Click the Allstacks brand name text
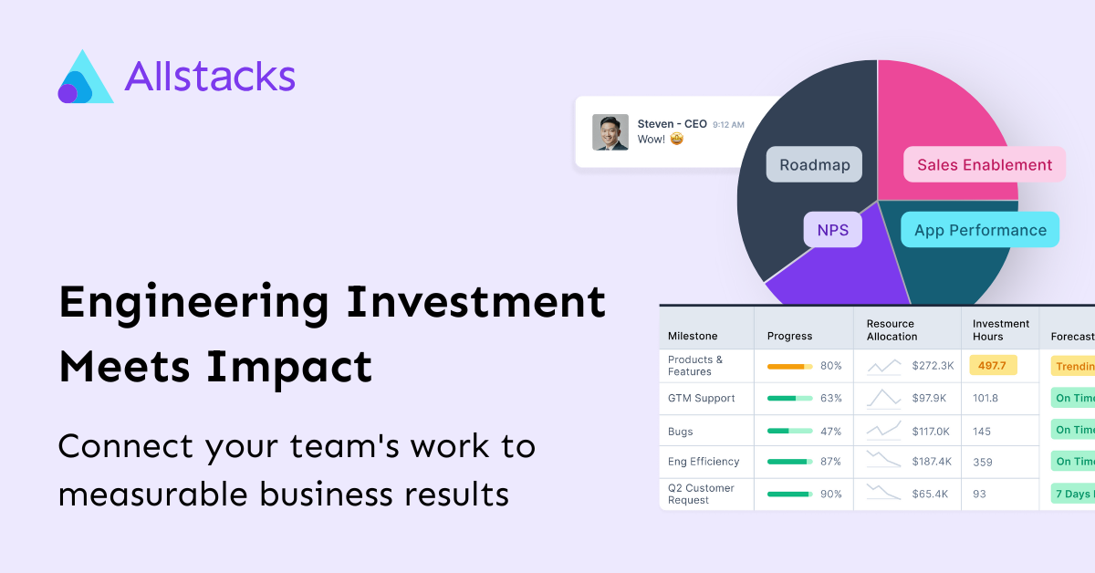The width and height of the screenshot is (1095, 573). coord(210,77)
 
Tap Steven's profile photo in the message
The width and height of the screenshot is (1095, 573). coord(610,132)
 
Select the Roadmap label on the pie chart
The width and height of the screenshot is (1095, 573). coord(814,165)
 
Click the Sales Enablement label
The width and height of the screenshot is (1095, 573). coord(984,165)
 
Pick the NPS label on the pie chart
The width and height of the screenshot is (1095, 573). coord(832,230)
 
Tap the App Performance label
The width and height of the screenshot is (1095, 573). coord(980,230)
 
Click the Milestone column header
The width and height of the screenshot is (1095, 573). coord(693,336)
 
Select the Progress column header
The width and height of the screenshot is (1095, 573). coord(790,336)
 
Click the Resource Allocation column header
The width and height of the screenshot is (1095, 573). coord(892,329)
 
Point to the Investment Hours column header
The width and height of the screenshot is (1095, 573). coord(1000,329)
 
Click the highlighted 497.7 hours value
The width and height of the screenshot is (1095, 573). coord(992,366)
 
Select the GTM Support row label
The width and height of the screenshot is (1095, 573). coord(701,398)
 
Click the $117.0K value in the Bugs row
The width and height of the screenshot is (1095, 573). coord(931,432)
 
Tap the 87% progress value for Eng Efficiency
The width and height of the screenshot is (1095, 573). coord(830,462)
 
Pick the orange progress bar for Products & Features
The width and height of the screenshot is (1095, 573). coord(789,366)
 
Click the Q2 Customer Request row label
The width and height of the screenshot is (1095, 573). coord(701,494)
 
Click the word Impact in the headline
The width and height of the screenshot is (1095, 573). coord(289,367)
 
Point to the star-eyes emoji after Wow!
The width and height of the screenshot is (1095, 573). coord(676,140)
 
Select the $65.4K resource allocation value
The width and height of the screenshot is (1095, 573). coord(930,494)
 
